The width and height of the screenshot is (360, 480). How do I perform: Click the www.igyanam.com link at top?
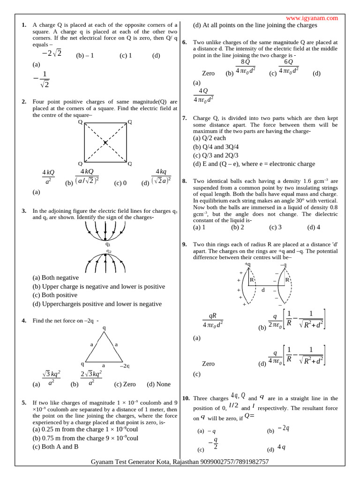[x=315, y=18]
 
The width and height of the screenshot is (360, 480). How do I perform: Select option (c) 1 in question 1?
[x=126, y=55]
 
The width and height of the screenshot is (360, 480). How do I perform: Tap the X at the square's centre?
[x=105, y=142]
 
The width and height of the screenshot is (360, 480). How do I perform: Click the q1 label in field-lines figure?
[x=108, y=244]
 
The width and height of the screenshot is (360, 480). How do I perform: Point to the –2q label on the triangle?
[x=125, y=365]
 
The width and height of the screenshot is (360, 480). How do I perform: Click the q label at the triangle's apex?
[x=104, y=328]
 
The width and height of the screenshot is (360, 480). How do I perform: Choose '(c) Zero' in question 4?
[x=125, y=384]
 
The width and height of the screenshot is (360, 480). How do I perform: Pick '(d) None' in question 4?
[x=158, y=384]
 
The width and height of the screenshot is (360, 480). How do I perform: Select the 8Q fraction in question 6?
[x=245, y=67]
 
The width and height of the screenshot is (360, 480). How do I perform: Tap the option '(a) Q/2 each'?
[x=210, y=138]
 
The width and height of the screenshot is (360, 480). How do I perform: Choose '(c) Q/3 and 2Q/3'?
[x=216, y=155]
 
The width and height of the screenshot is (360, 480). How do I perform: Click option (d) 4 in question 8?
[x=314, y=227]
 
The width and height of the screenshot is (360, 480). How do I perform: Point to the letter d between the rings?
[x=263, y=290]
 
